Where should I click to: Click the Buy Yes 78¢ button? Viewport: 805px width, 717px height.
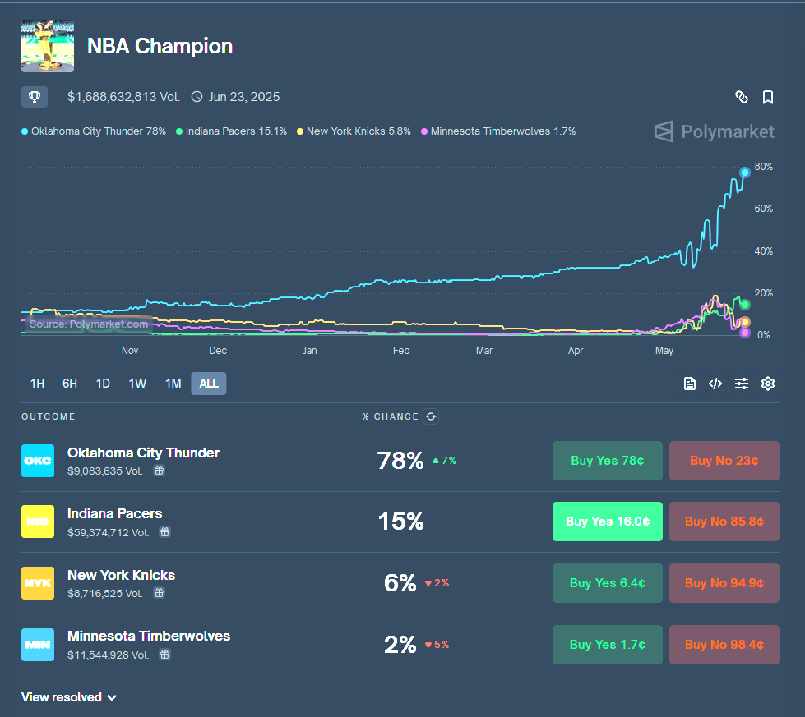pyautogui.click(x=607, y=461)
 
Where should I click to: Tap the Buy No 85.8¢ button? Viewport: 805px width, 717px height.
pyautogui.click(x=724, y=522)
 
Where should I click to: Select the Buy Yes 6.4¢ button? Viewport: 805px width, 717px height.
pyautogui.click(x=607, y=583)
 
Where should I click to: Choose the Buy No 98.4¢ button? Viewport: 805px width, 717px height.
pyautogui.click(x=724, y=645)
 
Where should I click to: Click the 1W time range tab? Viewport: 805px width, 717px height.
pyautogui.click(x=137, y=384)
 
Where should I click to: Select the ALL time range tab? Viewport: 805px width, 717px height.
pyautogui.click(x=209, y=384)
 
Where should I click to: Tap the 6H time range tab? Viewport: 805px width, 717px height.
pyautogui.click(x=70, y=384)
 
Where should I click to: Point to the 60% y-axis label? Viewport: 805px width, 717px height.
pyautogui.click(x=763, y=209)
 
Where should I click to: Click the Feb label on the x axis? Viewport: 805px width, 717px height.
pyautogui.click(x=401, y=351)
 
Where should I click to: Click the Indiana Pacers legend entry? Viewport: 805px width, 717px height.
pyautogui.click(x=231, y=131)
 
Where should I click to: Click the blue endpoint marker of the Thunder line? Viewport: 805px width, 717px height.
pyautogui.click(x=745, y=172)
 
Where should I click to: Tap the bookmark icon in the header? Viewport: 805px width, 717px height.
pyautogui.click(x=768, y=98)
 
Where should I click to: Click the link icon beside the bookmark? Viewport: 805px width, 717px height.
pyautogui.click(x=742, y=98)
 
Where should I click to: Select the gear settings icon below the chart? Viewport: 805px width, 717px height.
pyautogui.click(x=768, y=384)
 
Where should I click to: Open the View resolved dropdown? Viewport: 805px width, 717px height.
pyautogui.click(x=69, y=697)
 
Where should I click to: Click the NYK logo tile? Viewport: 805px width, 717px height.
pyautogui.click(x=38, y=583)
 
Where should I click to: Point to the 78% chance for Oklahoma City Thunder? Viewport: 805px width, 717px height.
pyautogui.click(x=400, y=461)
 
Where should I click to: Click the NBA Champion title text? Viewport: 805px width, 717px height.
pyautogui.click(x=160, y=46)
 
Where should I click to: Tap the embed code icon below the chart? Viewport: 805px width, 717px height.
pyautogui.click(x=715, y=384)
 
